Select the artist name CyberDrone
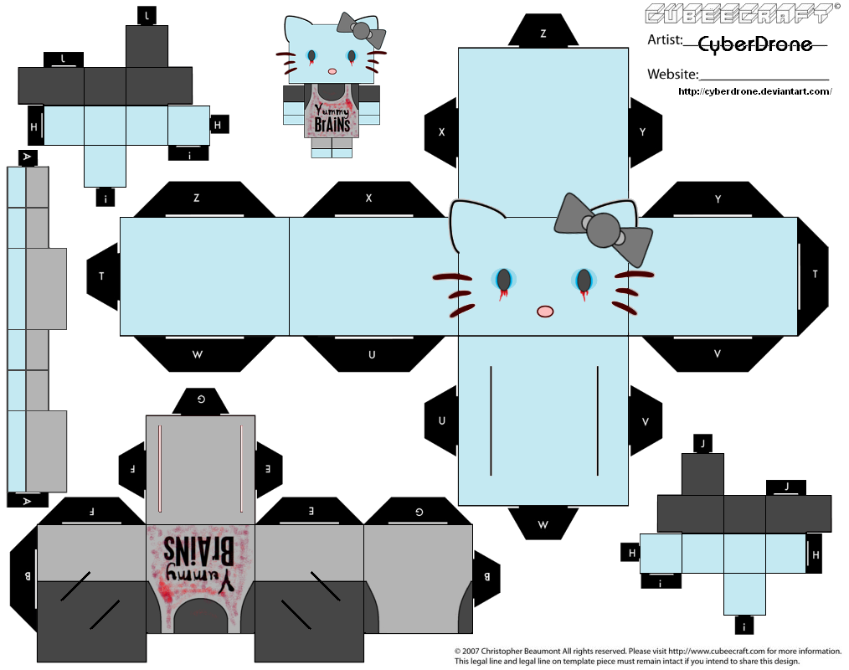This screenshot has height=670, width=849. pos(755,44)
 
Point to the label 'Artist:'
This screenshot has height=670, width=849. pos(665,39)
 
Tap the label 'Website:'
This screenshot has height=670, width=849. pos(673,75)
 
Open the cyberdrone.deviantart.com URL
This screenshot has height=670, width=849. pos(754,91)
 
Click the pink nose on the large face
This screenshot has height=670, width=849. pos(545,311)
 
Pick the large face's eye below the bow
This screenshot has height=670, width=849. pos(584,281)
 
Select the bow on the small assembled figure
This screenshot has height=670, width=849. pos(361,28)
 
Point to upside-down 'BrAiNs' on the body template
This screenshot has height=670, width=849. pos(198,549)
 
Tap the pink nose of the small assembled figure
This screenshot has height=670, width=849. pos(332,71)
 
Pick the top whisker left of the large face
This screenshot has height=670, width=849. pos(453,278)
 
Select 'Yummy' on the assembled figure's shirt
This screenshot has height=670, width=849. pos(332,108)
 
